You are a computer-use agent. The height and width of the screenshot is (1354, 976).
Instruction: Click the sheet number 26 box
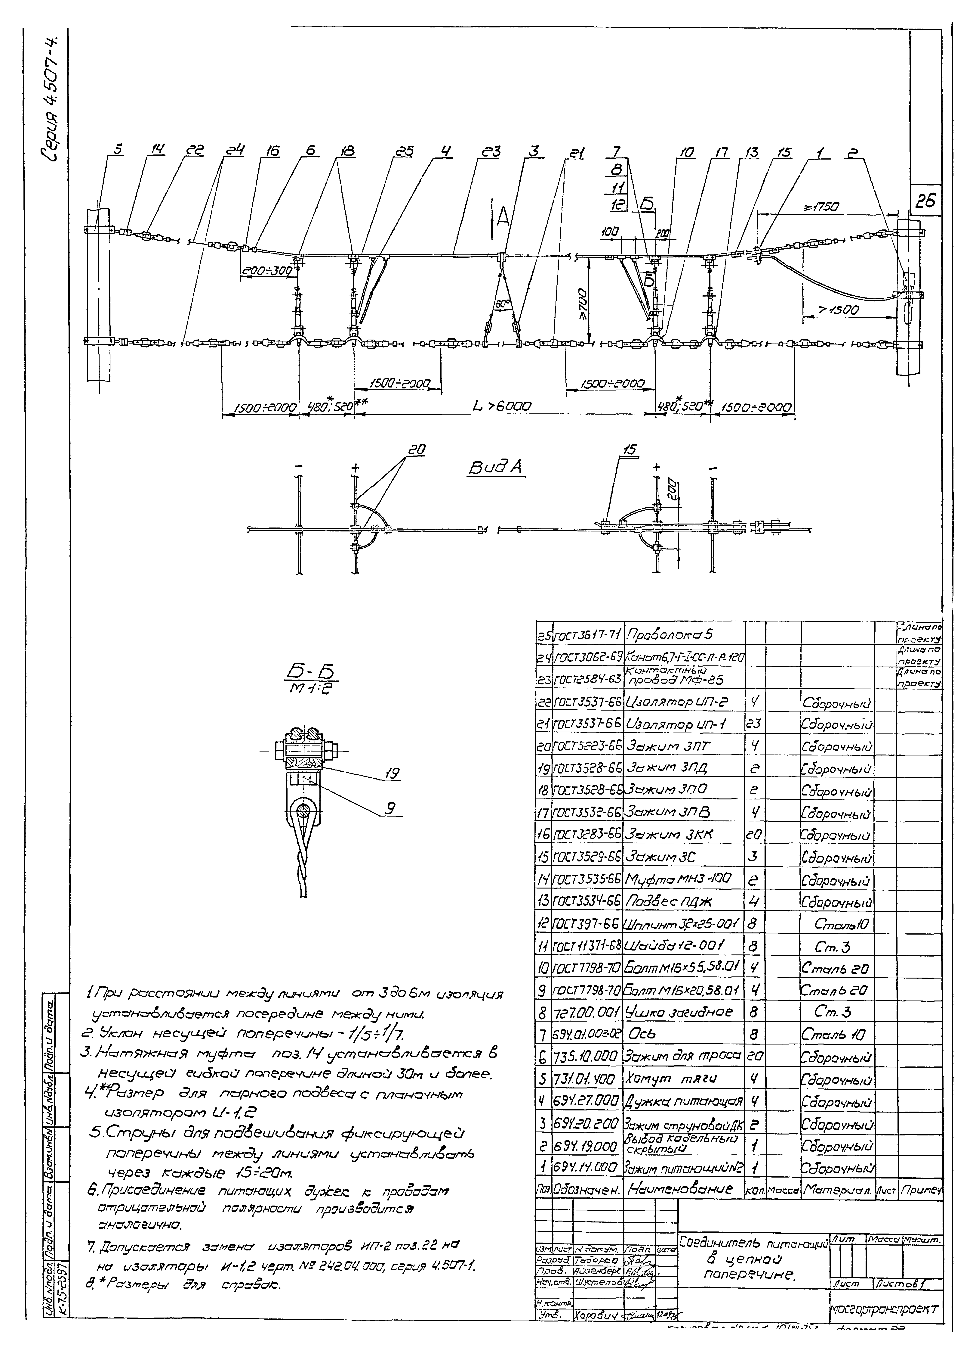[926, 202]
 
